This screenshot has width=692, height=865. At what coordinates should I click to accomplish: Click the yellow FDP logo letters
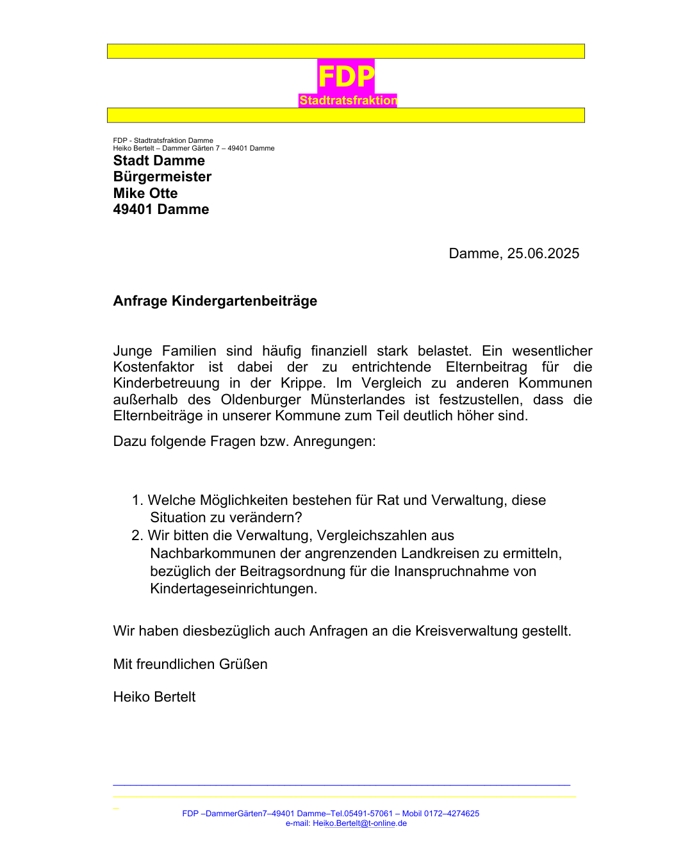click(x=346, y=77)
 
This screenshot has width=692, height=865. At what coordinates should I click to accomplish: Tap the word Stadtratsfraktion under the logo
click(x=348, y=101)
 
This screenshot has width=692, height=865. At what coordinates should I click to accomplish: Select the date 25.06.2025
click(x=543, y=254)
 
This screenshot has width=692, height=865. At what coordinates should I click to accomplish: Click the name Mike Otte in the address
click(x=145, y=194)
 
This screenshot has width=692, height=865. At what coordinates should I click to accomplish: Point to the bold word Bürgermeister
click(x=162, y=177)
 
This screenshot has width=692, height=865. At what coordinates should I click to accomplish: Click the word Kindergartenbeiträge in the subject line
click(x=244, y=301)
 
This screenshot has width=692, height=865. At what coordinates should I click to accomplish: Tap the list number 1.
click(x=136, y=500)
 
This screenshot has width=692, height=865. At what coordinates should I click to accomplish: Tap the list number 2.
click(x=136, y=536)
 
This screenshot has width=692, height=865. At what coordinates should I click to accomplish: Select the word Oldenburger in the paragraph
click(x=261, y=400)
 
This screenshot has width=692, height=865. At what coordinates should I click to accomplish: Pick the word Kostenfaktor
click(x=154, y=367)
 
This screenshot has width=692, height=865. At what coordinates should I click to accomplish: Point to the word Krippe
click(x=302, y=383)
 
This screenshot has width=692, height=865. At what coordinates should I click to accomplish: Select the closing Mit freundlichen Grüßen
click(x=190, y=664)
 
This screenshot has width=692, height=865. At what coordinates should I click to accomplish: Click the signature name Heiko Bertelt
click(x=154, y=697)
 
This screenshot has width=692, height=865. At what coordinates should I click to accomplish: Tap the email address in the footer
click(x=359, y=823)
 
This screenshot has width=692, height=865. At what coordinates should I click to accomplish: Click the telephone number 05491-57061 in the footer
click(x=368, y=814)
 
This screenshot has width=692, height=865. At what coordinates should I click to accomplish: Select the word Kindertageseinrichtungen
click(x=233, y=589)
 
